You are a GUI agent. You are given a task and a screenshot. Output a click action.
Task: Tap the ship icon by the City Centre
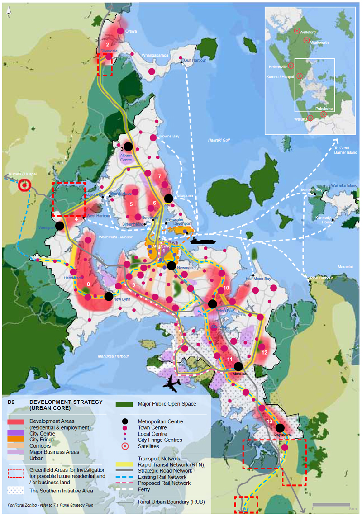(x=201, y=240)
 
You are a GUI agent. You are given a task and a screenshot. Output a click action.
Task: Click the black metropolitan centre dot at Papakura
(x=280, y=427)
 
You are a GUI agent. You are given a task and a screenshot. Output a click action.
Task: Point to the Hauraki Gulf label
(x=219, y=140)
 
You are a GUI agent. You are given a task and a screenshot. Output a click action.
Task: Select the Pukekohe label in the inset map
(x=324, y=109)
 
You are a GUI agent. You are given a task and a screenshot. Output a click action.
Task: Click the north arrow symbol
(x=9, y=11)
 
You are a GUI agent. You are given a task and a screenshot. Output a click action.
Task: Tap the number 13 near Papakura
(x=269, y=422)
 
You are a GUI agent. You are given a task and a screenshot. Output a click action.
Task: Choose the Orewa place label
(x=131, y=31)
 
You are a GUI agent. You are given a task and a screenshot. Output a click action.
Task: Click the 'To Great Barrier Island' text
(x=346, y=150)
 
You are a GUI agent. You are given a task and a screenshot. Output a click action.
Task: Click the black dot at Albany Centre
(x=128, y=147)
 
